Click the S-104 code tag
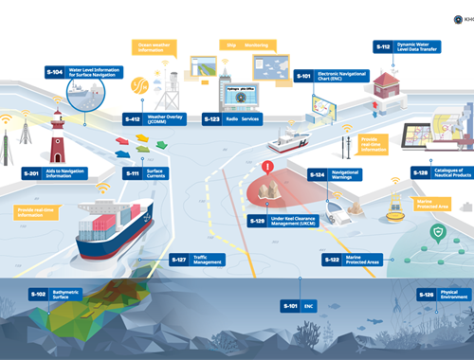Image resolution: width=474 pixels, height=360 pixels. click(54, 72)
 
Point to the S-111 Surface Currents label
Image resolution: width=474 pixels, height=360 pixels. click(147, 174)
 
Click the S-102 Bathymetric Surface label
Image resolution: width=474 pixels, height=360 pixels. click(51, 295)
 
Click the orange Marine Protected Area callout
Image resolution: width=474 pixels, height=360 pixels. click(437, 203)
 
